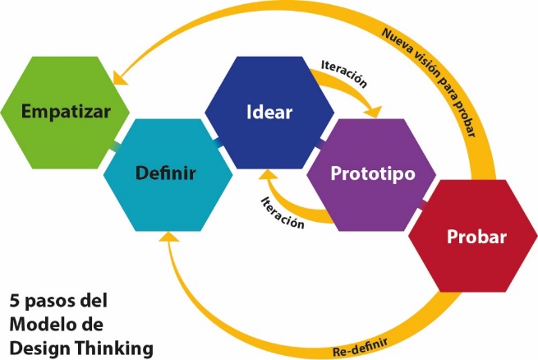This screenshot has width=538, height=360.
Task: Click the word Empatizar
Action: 65,110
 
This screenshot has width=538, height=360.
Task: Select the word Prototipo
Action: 371,174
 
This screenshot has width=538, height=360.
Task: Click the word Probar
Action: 476,238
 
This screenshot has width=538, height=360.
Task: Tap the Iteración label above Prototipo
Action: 340,72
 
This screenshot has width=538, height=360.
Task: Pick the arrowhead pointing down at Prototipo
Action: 375,111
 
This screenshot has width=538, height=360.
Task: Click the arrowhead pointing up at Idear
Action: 267,176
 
